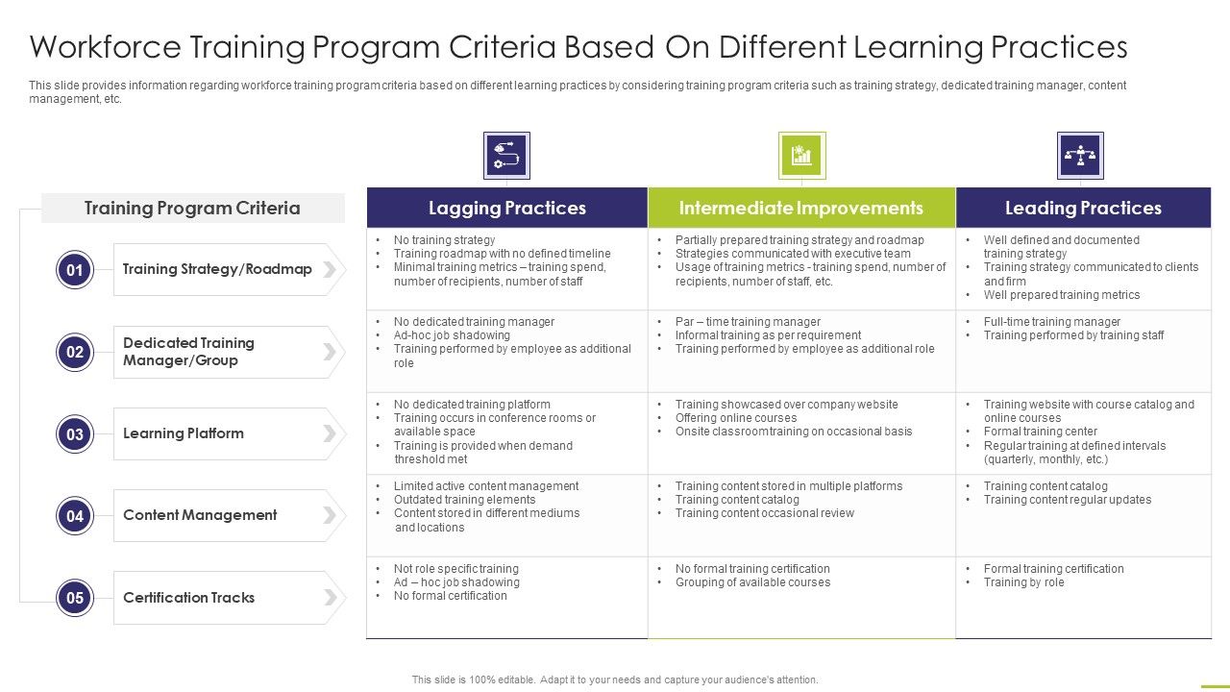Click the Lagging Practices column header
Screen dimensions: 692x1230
pos(506,208)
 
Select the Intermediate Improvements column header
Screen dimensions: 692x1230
pos(800,208)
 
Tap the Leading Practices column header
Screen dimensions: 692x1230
pos(1083,208)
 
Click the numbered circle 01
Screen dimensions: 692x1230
pos(75,270)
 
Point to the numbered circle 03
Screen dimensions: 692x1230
pos(75,434)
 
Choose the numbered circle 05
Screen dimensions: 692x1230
pos(75,598)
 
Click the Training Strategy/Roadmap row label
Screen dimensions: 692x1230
pos(217,269)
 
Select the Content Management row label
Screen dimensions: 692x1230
pos(200,515)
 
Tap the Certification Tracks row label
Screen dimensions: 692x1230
pos(188,598)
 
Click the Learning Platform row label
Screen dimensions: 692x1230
pos(184,433)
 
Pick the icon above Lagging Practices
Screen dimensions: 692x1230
pos(506,156)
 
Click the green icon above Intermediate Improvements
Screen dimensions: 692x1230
pos(801,156)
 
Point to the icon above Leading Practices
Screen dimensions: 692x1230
pos(1080,156)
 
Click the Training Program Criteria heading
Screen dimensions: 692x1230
pos(192,208)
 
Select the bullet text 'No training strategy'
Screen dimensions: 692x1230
pos(444,240)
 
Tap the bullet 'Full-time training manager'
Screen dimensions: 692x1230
pos(1051,322)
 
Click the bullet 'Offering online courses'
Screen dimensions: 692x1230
pos(735,418)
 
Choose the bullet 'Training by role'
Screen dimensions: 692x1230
pos(1023,582)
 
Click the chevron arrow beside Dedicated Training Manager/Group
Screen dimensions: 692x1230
pos(330,352)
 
